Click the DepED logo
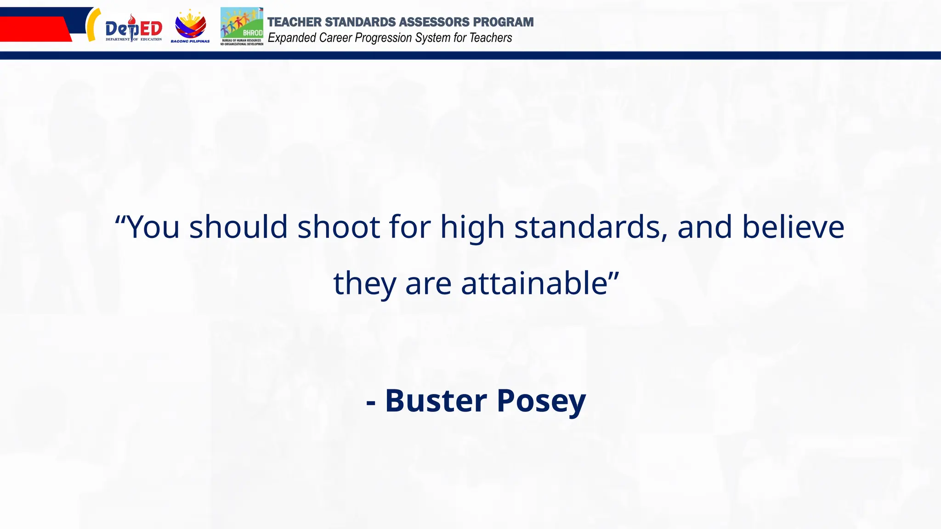click(x=134, y=28)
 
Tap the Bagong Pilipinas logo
click(x=190, y=27)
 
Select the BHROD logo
click(x=242, y=26)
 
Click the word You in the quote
click(x=153, y=227)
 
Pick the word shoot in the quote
click(x=339, y=227)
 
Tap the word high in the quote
click(x=472, y=228)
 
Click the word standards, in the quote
click(x=591, y=227)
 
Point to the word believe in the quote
click(x=793, y=227)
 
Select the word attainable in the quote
click(x=534, y=283)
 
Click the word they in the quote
click(x=364, y=284)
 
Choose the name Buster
click(x=436, y=400)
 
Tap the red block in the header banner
click(x=32, y=29)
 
